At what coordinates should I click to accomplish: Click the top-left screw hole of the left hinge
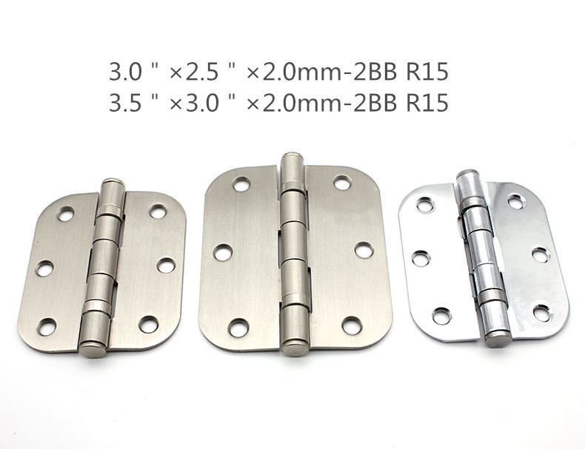tap(66, 214)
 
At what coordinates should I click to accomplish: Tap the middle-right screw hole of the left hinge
tap(166, 266)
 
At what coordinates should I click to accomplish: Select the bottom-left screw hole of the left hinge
tap(47, 327)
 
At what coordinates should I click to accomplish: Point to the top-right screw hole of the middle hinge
tap(341, 183)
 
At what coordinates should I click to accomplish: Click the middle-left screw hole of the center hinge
tap(222, 252)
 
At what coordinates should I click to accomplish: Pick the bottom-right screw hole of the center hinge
tap(352, 325)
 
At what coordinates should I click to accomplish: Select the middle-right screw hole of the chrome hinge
tap(541, 255)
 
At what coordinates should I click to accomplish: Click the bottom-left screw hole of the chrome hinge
tap(442, 316)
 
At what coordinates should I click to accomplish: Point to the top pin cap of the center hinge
tap(292, 157)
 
